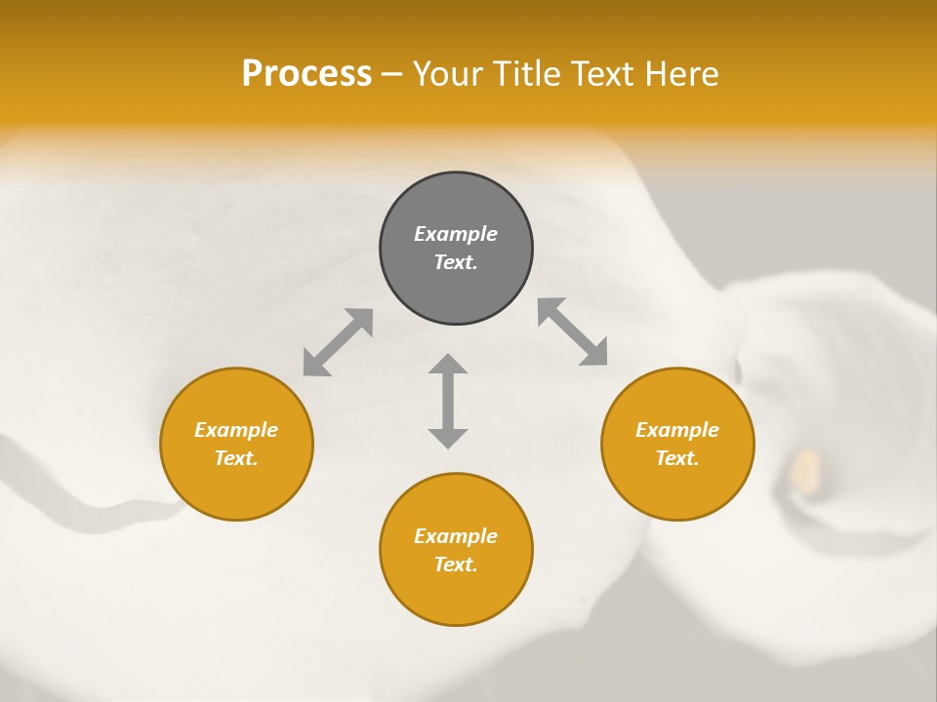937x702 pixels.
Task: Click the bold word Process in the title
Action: point(306,74)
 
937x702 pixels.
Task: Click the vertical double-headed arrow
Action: point(448,402)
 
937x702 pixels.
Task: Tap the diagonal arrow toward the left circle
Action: point(338,342)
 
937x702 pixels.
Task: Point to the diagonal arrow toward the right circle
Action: point(573,331)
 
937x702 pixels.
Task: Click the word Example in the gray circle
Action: point(456,234)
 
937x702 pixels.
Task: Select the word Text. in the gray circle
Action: point(456,262)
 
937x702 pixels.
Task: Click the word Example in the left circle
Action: point(236,430)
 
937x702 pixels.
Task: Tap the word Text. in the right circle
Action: point(677,458)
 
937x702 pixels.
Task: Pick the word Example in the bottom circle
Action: point(456,536)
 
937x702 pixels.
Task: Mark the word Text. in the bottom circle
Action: point(456,565)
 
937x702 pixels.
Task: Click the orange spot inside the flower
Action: point(805,469)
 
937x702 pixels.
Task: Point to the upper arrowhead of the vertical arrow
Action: point(448,365)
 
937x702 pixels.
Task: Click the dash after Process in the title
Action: point(392,75)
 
